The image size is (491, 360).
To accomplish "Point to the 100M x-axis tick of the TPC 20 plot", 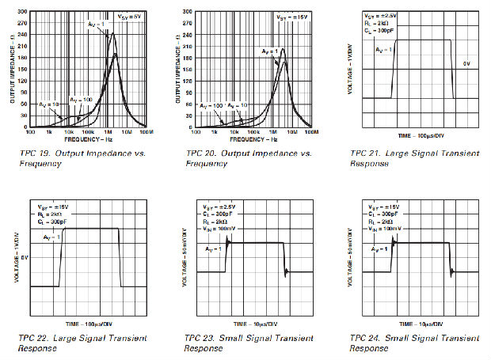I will click(310, 131).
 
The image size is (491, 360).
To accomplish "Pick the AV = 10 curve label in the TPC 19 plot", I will click(48, 104).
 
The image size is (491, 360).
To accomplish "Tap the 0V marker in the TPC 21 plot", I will click(467, 63).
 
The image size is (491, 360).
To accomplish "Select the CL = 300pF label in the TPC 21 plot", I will click(380, 31).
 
